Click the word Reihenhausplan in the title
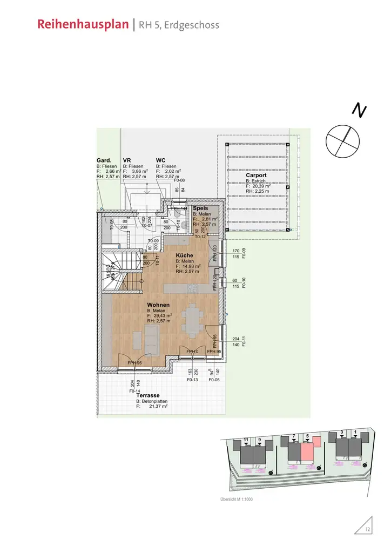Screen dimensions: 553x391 84,25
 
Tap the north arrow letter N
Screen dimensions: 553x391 359,110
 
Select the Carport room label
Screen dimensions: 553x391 257,176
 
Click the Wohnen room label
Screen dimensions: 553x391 158,305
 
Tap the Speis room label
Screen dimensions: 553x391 200,208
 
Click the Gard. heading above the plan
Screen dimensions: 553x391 104,160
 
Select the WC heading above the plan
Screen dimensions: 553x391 160,160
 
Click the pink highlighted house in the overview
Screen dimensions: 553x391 307,451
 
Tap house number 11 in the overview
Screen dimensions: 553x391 246,441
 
